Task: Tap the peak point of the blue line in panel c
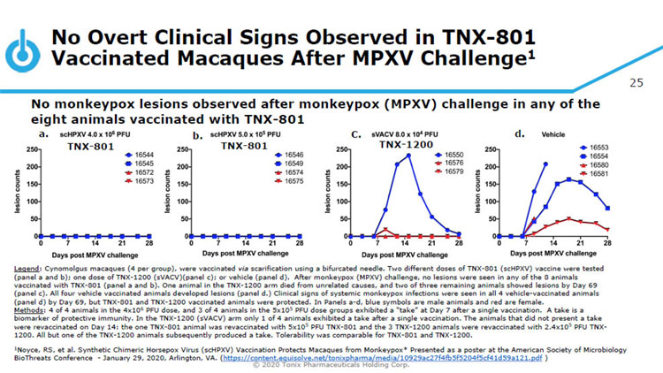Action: [408, 156]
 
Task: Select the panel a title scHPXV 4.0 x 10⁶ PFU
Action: [91, 134]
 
